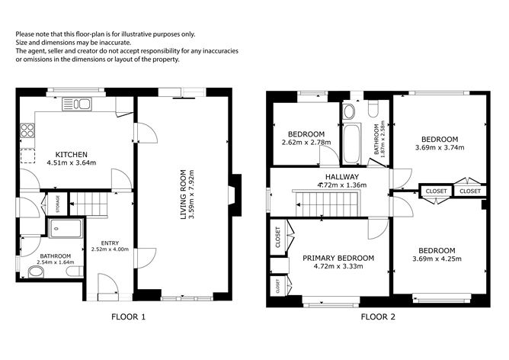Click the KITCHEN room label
[72, 154]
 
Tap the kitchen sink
[77, 104]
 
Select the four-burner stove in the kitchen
[27, 130]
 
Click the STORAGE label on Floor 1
[58, 204]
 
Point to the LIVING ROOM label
[184, 194]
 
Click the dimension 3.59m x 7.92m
[191, 194]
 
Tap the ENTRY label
[110, 243]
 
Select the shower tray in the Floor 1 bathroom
[66, 228]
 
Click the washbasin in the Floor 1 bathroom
[36, 272]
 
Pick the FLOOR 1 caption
[129, 317]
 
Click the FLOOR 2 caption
[378, 317]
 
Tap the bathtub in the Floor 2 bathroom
[351, 143]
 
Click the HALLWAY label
[342, 177]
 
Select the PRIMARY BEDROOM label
[338, 258]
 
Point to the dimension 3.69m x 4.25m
[437, 259]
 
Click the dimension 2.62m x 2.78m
[306, 143]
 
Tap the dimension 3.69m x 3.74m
[440, 147]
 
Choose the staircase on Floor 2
[327, 204]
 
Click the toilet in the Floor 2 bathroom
[373, 109]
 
